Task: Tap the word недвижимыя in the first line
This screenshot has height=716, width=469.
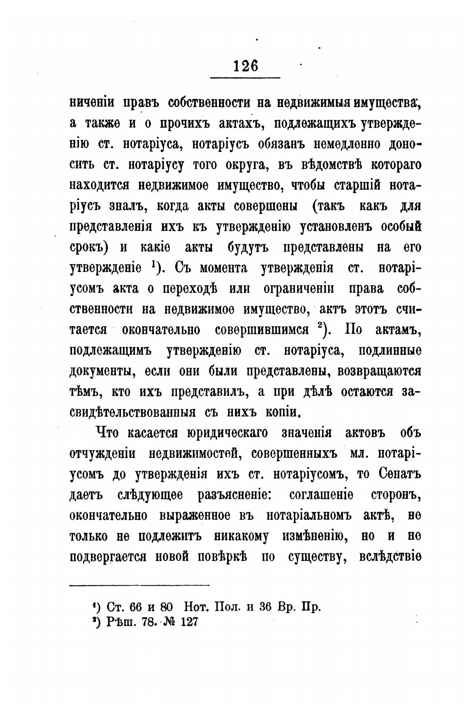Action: click(x=306, y=103)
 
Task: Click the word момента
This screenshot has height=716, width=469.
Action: click(x=223, y=268)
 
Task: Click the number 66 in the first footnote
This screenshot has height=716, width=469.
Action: click(x=136, y=607)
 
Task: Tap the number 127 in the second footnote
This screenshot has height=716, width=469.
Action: click(x=189, y=622)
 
